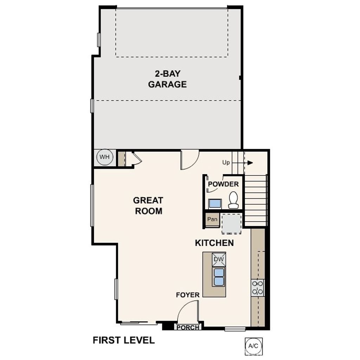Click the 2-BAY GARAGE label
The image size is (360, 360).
[167, 79]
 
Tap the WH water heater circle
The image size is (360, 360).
[104, 157]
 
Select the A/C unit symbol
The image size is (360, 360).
[253, 346]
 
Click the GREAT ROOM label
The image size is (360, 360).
[148, 206]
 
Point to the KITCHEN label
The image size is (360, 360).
[214, 243]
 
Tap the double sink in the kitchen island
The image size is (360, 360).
[219, 277]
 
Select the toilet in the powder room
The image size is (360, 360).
[233, 200]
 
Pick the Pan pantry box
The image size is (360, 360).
[212, 219]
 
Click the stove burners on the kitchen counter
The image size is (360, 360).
[258, 287]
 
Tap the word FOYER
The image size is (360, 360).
[188, 295]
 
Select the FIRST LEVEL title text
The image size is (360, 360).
[123, 340]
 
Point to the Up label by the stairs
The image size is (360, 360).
[226, 163]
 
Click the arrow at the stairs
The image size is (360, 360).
[249, 162]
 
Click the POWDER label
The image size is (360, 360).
[223, 184]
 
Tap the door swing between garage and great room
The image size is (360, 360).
[189, 159]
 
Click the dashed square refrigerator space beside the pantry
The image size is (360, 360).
[232, 224]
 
